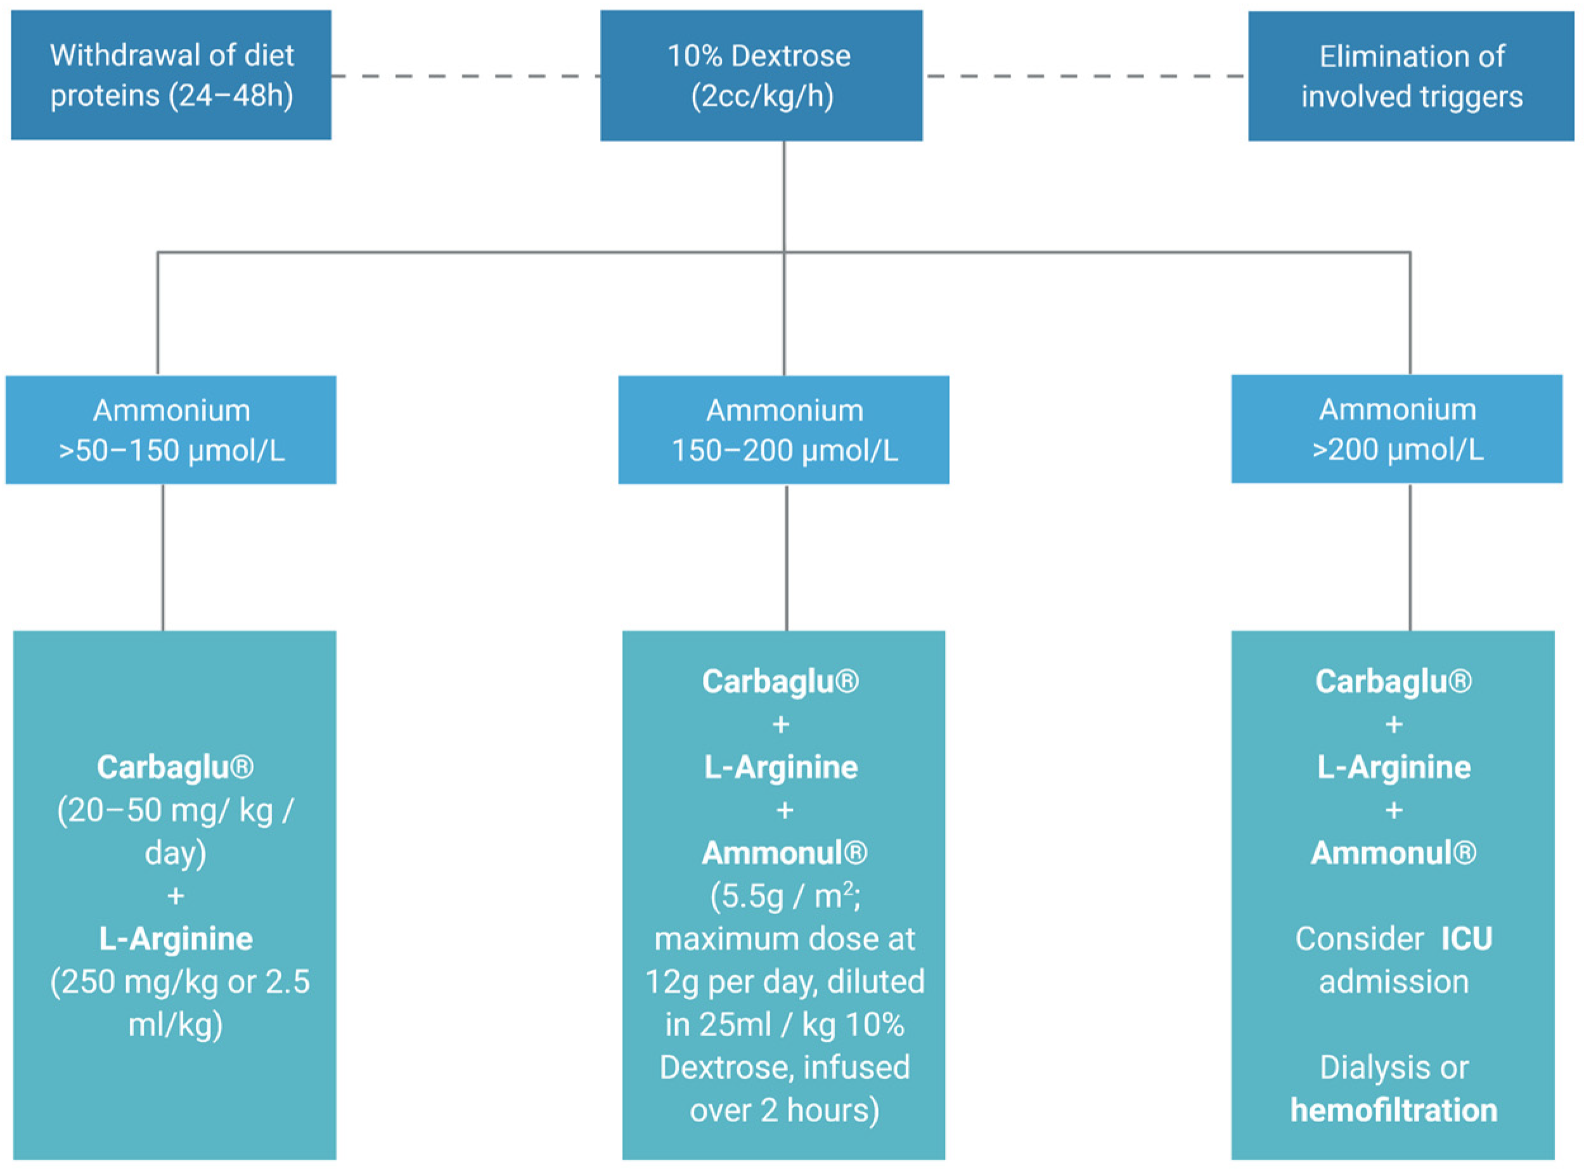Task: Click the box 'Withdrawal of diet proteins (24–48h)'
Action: click(171, 75)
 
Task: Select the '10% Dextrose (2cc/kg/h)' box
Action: click(761, 75)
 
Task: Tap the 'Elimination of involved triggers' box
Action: click(1411, 75)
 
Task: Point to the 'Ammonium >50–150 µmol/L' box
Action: click(171, 430)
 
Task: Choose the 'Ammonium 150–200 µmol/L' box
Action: click(783, 430)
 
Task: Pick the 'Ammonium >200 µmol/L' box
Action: click(1396, 429)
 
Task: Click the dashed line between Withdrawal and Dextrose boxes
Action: click(465, 75)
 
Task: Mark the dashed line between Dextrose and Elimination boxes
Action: click(1085, 75)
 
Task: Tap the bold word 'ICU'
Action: click(1467, 939)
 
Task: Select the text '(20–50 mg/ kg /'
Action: click(175, 810)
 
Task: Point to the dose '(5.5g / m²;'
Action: click(785, 896)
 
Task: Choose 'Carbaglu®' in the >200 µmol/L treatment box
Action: click(1394, 681)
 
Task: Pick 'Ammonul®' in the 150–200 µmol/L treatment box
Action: click(785, 853)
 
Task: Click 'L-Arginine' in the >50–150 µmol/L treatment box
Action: click(176, 939)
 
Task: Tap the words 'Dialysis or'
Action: click(1394, 1067)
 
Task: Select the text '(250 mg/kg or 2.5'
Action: click(179, 981)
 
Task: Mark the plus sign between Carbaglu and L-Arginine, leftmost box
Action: click(176, 896)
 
